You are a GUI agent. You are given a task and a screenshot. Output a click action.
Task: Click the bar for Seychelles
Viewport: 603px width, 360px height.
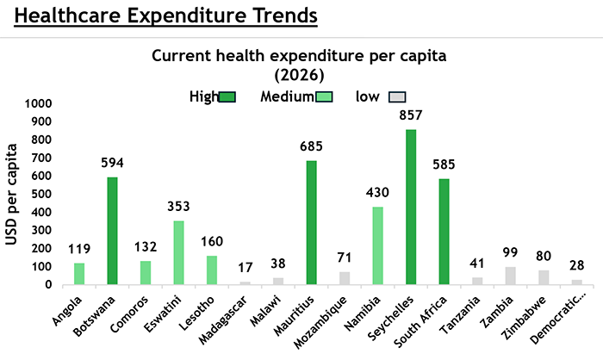coord(410,207)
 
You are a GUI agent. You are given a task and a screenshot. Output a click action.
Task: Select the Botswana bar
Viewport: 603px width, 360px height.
coord(112,231)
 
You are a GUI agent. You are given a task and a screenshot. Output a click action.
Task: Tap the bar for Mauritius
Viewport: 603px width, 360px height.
coord(311,222)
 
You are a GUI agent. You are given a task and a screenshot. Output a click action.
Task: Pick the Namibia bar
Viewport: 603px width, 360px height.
coord(377,245)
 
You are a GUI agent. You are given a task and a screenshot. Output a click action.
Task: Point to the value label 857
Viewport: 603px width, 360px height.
coord(410,115)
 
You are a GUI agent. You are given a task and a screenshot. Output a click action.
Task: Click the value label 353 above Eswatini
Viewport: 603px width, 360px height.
coord(178,207)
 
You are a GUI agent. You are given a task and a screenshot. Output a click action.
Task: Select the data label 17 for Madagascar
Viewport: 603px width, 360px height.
coord(246,268)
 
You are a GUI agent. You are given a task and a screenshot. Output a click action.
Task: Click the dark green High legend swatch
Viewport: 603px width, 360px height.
coord(227,96)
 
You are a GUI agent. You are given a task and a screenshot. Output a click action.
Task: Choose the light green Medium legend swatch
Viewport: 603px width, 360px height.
coord(326,96)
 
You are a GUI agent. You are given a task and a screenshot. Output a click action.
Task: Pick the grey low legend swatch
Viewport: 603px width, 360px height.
coord(397,96)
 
